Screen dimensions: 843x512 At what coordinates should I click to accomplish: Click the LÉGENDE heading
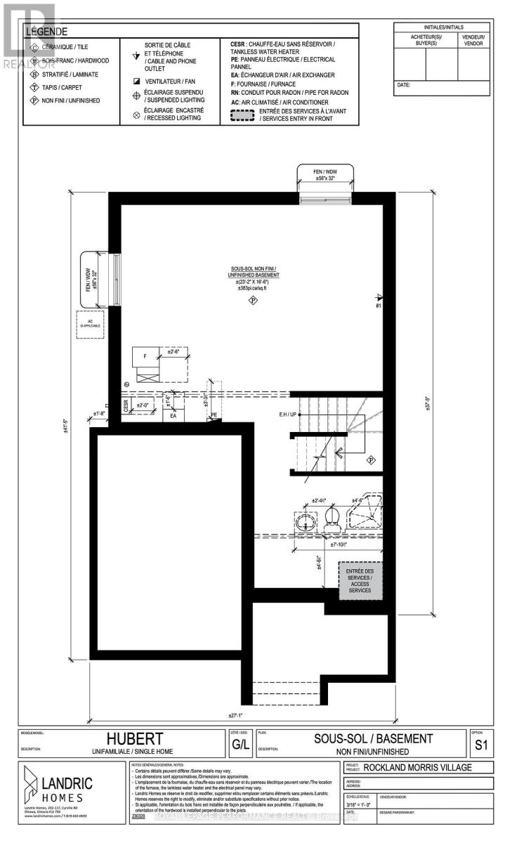(x=47, y=32)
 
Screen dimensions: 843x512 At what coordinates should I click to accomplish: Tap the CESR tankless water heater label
(x=126, y=405)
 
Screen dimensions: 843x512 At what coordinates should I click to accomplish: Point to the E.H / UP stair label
(x=287, y=415)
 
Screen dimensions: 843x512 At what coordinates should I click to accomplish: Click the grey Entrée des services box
(x=360, y=581)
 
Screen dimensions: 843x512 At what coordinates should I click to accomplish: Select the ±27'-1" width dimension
(x=240, y=716)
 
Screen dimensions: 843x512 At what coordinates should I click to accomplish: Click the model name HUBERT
(x=135, y=740)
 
